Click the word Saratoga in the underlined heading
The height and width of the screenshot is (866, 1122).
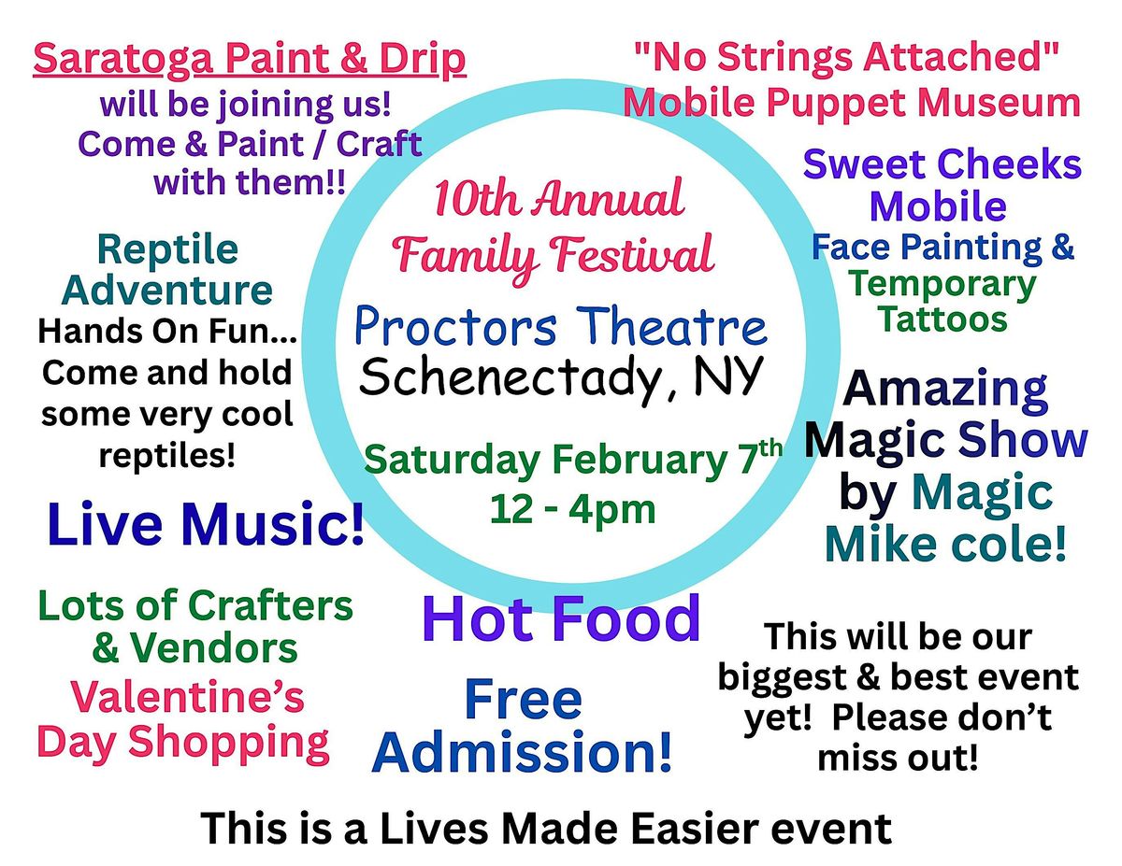(123, 58)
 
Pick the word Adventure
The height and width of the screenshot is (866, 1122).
(166, 291)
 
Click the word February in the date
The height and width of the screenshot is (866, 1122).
(637, 461)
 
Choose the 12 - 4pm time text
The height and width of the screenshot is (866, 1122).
(572, 509)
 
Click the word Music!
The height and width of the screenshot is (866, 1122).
(273, 523)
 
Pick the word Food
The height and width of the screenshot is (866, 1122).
(626, 618)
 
